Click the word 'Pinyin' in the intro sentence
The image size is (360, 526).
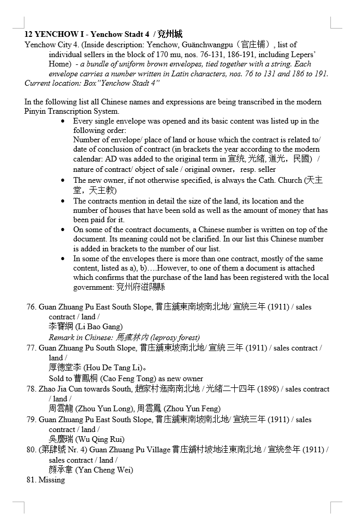click(x=36, y=111)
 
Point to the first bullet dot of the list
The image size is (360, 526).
click(x=63, y=121)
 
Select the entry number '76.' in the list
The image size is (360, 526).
click(x=31, y=307)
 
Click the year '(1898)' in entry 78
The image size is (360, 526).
click(x=268, y=389)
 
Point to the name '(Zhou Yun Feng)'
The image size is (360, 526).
click(x=192, y=409)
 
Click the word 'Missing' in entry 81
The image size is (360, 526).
click(x=51, y=480)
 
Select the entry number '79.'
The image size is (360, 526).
click(x=31, y=420)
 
